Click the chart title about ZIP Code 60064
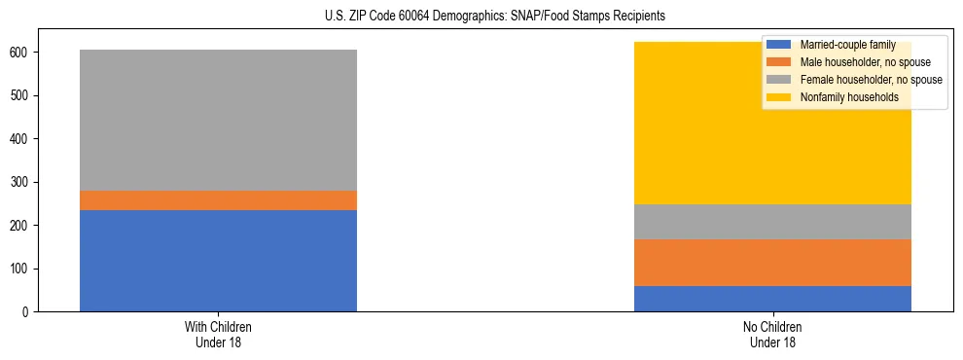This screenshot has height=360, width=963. [495, 17]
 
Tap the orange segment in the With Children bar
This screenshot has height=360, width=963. [218, 200]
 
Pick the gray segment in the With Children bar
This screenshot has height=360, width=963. [218, 120]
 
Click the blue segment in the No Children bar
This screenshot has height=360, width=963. [772, 299]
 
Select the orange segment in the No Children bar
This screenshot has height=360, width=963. [772, 263]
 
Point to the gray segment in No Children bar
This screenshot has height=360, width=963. [772, 222]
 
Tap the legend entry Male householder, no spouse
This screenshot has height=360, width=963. [855, 62]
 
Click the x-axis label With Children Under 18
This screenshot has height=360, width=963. [218, 334]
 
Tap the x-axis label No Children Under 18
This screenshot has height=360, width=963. [772, 334]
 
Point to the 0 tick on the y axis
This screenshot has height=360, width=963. [26, 312]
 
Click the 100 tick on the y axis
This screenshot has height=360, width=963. [20, 269]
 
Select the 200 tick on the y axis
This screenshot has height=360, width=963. [20, 226]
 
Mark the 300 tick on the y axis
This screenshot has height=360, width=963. [20, 182]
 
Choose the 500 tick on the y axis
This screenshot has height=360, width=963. [20, 95]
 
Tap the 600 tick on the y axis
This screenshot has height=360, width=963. [20, 53]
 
